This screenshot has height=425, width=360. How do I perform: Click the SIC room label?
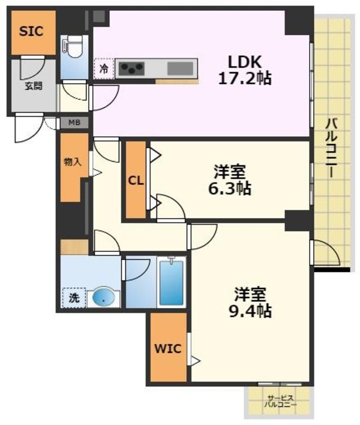tap(31, 31)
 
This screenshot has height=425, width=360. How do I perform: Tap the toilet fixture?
tap(74, 46)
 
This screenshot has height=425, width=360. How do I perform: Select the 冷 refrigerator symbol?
tap(103, 68)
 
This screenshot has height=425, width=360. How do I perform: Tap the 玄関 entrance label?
tap(34, 86)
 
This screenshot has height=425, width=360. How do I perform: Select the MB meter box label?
tap(74, 123)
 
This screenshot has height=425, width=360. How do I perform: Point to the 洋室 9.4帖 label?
tap(251, 303)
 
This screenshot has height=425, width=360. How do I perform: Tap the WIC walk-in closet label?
tap(167, 349)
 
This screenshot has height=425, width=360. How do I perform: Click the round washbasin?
tap(103, 297)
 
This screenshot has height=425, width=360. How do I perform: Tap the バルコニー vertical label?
tap(331, 147)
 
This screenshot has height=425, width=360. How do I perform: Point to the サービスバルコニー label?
tap(280, 400)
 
